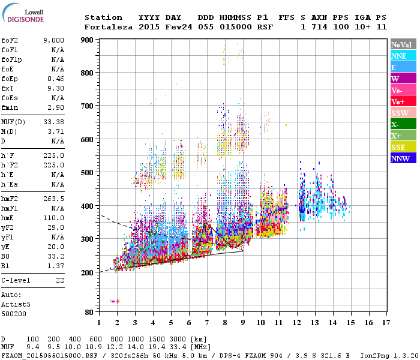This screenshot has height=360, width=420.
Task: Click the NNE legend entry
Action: (x=403, y=56)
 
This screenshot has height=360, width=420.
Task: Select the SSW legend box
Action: (x=403, y=113)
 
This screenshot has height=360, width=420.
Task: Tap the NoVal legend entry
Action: (x=403, y=44)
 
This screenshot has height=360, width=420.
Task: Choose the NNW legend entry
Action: (x=403, y=158)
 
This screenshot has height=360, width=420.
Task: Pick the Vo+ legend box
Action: (x=403, y=101)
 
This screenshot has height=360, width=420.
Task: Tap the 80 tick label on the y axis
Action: (x=89, y=312)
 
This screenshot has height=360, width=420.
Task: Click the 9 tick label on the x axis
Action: (x=243, y=323)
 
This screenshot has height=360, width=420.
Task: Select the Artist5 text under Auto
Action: (x=16, y=304)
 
